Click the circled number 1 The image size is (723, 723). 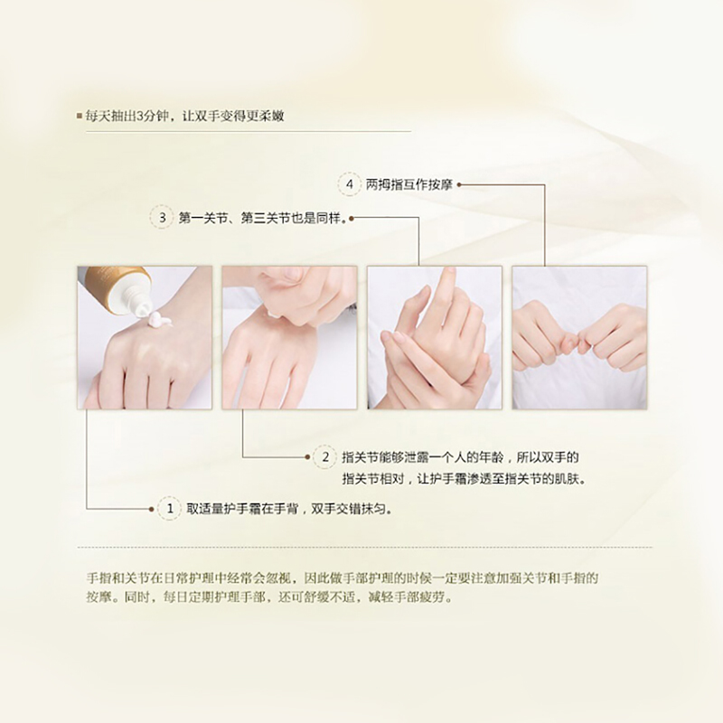click(x=170, y=509)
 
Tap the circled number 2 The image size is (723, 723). click(x=325, y=457)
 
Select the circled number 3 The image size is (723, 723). click(x=162, y=218)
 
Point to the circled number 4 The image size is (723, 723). click(x=350, y=184)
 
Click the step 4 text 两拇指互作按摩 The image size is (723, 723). click(x=409, y=185)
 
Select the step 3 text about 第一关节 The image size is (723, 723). click(x=262, y=218)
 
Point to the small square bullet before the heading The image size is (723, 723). click(x=80, y=116)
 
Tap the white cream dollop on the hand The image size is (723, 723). click(x=156, y=318)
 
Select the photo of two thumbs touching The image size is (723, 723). click(x=579, y=337)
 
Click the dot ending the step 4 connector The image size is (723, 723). click(x=459, y=185)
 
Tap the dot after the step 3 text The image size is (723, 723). click(x=352, y=218)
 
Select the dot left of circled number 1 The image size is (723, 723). click(x=151, y=509)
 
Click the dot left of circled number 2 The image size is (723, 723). click(x=307, y=457)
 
